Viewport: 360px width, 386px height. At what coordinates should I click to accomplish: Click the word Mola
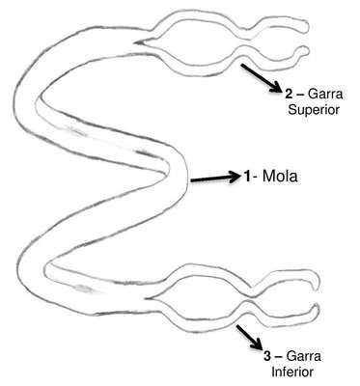280,177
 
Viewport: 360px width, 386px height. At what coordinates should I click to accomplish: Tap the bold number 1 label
247,177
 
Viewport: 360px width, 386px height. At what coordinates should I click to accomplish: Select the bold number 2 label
289,95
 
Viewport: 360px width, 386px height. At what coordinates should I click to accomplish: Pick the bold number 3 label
267,356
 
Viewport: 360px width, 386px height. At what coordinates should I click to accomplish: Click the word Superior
314,110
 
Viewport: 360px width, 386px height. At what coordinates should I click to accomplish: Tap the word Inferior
292,372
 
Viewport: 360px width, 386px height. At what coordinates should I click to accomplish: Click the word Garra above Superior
325,95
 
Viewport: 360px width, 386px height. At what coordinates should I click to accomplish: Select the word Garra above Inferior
303,356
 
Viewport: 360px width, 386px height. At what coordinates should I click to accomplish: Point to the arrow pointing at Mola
215,178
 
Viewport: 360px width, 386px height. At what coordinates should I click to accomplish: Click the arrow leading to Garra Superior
262,78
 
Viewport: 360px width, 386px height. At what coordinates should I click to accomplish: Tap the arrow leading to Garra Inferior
249,338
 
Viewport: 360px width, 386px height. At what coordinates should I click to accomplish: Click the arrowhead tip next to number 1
241,177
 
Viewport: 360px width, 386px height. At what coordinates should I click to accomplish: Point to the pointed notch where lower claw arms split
146,299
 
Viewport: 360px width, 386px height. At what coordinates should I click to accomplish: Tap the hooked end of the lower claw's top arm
317,281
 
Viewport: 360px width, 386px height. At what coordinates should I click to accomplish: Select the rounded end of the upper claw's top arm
306,27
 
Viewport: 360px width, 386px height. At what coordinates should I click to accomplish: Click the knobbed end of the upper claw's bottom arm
305,50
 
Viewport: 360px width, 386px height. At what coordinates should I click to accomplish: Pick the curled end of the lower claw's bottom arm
316,310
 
